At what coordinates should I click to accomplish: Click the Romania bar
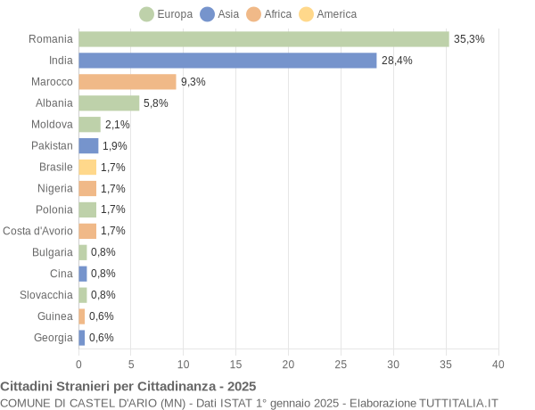click(x=263, y=39)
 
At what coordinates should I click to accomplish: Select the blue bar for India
click(x=227, y=61)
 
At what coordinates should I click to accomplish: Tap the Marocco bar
click(x=128, y=82)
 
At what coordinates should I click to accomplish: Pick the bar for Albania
click(x=109, y=103)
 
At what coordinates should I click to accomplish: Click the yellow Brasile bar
click(x=87, y=167)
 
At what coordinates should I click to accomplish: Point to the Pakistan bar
click(x=88, y=145)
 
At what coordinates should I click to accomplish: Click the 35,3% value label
click(x=469, y=39)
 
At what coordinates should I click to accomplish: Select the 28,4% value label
click(x=397, y=61)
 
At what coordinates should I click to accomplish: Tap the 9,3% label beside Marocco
click(x=193, y=82)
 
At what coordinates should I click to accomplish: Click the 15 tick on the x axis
click(x=235, y=365)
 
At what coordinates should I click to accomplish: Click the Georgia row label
click(x=53, y=337)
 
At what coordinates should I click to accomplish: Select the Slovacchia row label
click(x=46, y=294)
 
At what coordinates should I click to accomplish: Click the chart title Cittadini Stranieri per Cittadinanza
click(x=128, y=386)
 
